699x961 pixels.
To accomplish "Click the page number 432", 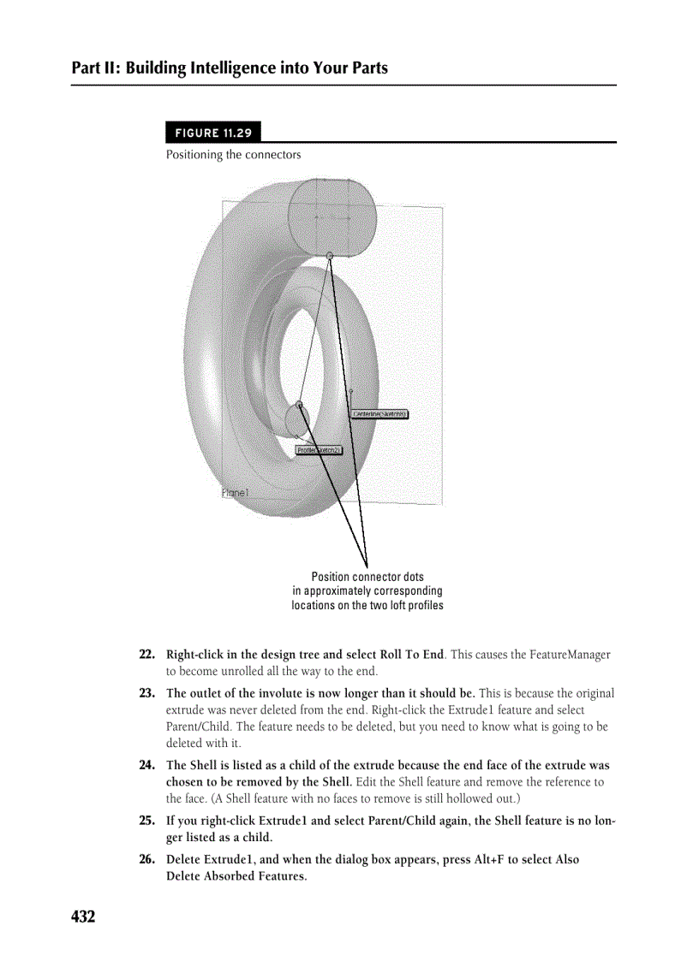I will pyautogui.click(x=83, y=917).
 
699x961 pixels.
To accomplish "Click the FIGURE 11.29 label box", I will pyautogui.click(x=213, y=133).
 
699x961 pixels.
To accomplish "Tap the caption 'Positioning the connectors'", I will pyautogui.click(x=233, y=155).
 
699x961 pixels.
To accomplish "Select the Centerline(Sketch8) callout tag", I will pyautogui.click(x=379, y=414).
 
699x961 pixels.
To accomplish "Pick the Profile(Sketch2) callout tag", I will pyautogui.click(x=319, y=450).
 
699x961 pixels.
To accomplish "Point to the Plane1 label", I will pyautogui.click(x=235, y=493).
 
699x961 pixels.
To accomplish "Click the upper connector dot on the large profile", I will pyautogui.click(x=330, y=255).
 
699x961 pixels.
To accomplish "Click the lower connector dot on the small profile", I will pyautogui.click(x=299, y=404).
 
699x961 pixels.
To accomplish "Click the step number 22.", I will pyautogui.click(x=146, y=655).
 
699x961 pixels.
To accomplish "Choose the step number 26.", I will pyautogui.click(x=146, y=860).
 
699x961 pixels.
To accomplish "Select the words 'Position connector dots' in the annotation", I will pyautogui.click(x=367, y=577).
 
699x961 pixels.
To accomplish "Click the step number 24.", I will pyautogui.click(x=146, y=765).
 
